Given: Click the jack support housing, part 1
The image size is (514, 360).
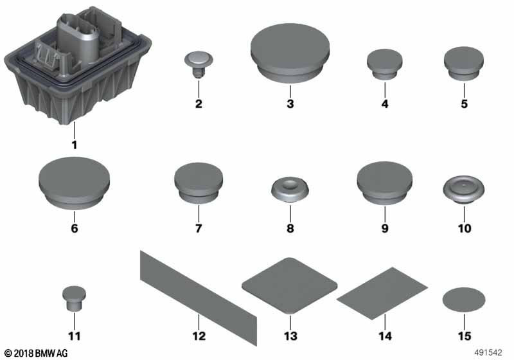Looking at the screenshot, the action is (x=77, y=66).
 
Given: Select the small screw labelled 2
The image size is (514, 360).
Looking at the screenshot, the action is (x=199, y=64).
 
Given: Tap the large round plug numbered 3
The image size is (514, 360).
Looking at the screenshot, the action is (x=290, y=53).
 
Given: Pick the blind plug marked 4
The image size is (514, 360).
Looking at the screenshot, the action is (x=384, y=64).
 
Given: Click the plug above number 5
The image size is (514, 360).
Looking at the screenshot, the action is (x=464, y=63).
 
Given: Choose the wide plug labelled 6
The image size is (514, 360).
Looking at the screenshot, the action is (x=75, y=183).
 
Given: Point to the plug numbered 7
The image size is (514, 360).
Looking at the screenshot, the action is (x=199, y=183).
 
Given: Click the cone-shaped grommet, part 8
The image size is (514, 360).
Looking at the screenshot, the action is (x=290, y=190).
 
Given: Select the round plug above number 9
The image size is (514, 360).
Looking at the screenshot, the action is (x=384, y=183).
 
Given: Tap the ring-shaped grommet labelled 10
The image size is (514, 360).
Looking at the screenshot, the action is (x=464, y=190).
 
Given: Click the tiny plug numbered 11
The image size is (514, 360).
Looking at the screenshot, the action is (x=74, y=298).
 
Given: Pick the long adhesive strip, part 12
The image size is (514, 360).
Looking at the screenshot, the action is (x=199, y=298).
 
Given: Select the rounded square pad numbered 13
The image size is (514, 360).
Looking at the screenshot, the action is (x=290, y=286).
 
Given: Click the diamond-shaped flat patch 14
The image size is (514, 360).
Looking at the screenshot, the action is (x=382, y=293).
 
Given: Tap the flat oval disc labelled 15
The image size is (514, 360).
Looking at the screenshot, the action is (x=464, y=300).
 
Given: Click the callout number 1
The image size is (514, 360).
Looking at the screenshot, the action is (x=75, y=145).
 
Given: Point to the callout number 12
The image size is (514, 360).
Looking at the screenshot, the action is (x=199, y=336).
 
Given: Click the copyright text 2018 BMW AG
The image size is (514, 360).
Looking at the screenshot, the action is (x=36, y=353).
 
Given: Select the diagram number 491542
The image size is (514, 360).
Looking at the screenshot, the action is (x=488, y=352).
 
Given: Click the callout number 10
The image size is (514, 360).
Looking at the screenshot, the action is (x=464, y=228).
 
